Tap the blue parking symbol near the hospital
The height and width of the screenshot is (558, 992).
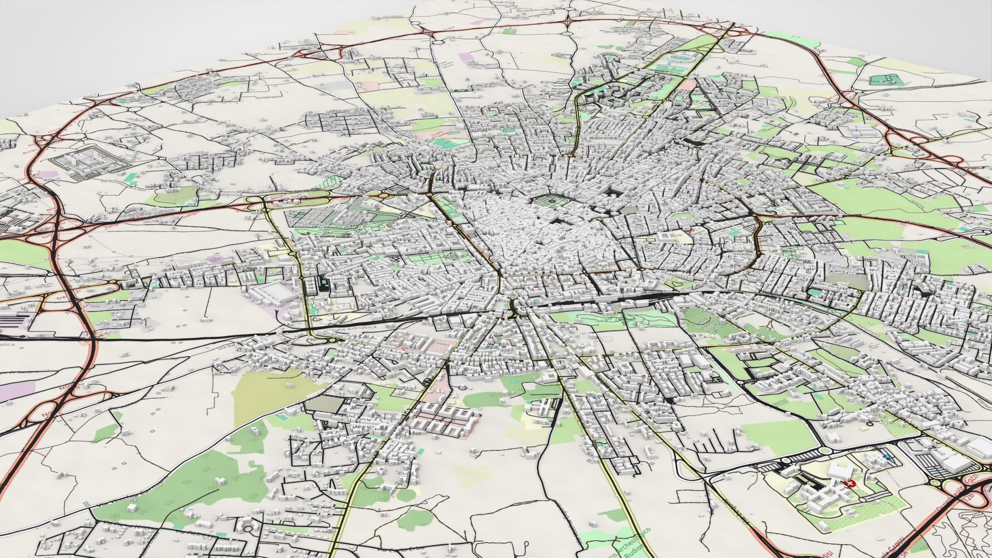click(888, 457)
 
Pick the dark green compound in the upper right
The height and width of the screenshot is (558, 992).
click(887, 80)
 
